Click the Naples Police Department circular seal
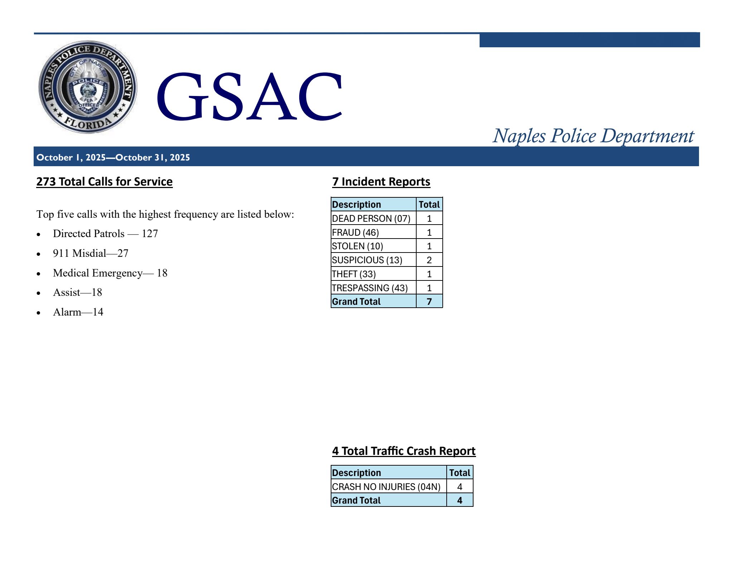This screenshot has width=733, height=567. [88, 87]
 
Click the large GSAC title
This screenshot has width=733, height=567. [249, 96]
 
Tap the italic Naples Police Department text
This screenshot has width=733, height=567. [593, 136]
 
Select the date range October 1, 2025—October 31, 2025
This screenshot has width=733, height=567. [113, 158]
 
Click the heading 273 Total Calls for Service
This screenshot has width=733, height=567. [105, 182]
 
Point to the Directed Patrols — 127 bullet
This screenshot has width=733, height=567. [105, 234]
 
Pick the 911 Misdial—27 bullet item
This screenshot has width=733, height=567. [91, 253]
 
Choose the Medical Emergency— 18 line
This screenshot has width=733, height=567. [110, 273]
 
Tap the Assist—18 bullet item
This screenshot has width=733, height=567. [77, 293]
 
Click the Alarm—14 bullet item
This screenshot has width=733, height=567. [78, 312]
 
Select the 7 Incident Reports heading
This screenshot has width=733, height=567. [381, 182]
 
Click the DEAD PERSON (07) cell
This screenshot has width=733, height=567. [371, 218]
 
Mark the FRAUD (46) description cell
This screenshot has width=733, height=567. [355, 232]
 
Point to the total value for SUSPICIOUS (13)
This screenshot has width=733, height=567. [429, 260]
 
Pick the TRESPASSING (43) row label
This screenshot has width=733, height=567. [370, 288]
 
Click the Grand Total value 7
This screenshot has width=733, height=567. [429, 302]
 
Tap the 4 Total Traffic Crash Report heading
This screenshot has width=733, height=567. [404, 451]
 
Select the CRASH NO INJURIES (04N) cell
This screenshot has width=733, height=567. [386, 487]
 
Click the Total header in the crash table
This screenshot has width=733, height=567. [460, 473]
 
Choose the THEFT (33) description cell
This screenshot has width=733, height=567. [354, 274]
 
